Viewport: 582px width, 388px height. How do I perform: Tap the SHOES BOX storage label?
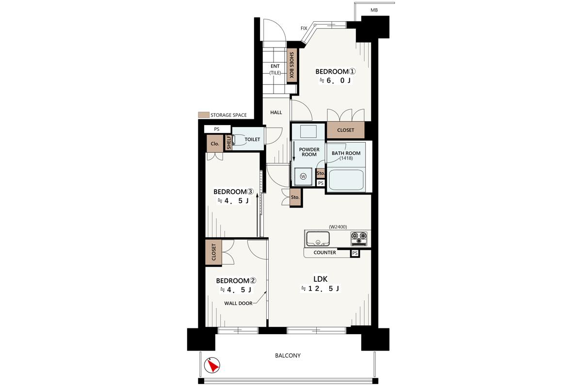[x=291, y=65]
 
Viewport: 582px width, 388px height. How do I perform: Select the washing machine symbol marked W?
[x=303, y=177]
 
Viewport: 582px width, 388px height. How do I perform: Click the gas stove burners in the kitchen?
[x=359, y=239]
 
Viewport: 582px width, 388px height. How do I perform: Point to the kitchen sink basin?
[x=318, y=239]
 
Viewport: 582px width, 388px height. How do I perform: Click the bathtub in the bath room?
[x=346, y=180]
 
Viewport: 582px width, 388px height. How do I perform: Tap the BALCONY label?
[x=288, y=356]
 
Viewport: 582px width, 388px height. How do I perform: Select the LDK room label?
[x=321, y=279]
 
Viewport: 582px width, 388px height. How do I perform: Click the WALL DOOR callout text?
[x=238, y=303]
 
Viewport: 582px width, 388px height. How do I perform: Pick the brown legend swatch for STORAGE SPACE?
[x=204, y=115]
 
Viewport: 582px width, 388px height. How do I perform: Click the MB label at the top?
[x=374, y=10]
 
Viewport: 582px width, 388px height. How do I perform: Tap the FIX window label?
[x=304, y=28]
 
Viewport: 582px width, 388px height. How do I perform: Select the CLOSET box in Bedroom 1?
[x=345, y=130]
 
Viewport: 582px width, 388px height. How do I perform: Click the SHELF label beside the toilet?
[x=228, y=142]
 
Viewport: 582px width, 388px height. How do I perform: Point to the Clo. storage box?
[x=215, y=144]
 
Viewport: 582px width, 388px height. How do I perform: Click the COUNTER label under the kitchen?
[x=324, y=252]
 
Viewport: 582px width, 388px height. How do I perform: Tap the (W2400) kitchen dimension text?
[x=338, y=227]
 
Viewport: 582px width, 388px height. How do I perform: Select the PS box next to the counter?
[x=355, y=253]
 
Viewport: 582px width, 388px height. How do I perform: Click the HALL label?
[x=276, y=112]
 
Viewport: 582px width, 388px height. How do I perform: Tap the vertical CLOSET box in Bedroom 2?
[x=213, y=252]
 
